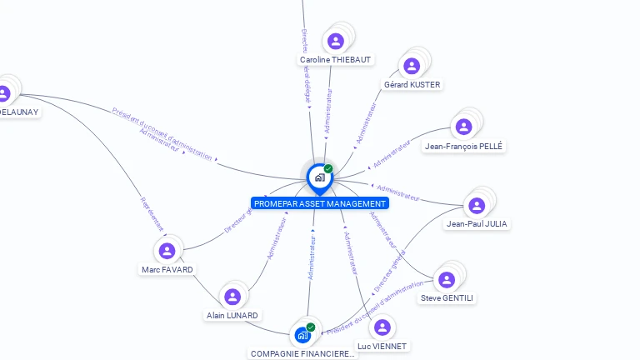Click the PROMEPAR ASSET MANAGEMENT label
coord(320,203)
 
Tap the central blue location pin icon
coord(319,177)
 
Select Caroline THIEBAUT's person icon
coord(336,41)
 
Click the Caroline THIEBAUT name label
coord(336,60)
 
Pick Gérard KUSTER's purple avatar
coord(412,66)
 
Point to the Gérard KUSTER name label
coord(412,85)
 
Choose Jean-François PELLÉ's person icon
coord(464,127)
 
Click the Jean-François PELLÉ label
coord(464,147)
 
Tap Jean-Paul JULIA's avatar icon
coord(477,205)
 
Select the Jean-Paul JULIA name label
coord(477,224)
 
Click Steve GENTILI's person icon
coord(447,280)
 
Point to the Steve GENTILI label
coord(447,298)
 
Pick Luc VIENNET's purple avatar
coord(382,327)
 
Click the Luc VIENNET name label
coord(382,346)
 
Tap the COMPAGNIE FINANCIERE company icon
coord(302,335)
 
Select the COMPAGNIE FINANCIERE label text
coord(302,353)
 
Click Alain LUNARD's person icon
coord(232,297)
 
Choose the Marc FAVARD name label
coord(167,270)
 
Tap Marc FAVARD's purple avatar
coord(167,251)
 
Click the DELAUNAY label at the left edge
coord(18,112)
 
